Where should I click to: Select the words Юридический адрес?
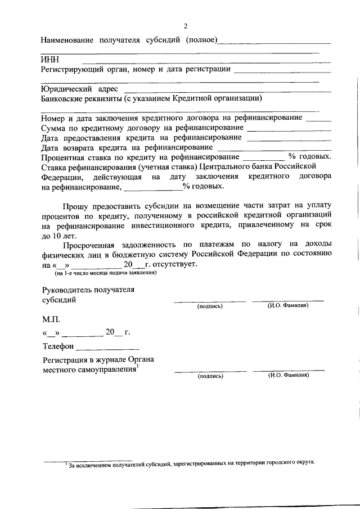click(79, 89)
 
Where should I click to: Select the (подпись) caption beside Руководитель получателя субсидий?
click(210, 307)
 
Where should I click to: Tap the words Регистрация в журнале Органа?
click(98, 359)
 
